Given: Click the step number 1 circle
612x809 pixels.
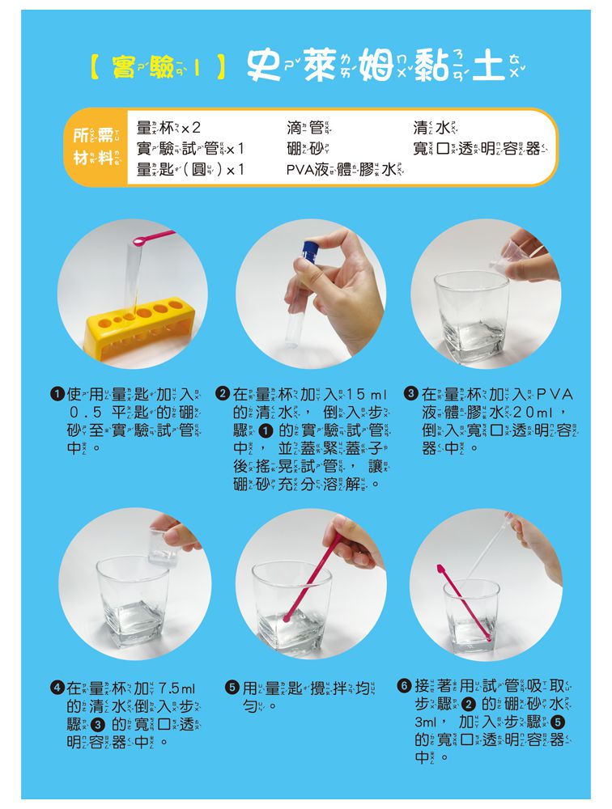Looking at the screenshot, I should (x=56, y=395).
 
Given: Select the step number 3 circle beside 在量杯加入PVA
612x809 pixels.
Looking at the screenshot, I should (x=410, y=395).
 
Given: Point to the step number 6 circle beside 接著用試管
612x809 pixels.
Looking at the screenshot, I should (x=404, y=686).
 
